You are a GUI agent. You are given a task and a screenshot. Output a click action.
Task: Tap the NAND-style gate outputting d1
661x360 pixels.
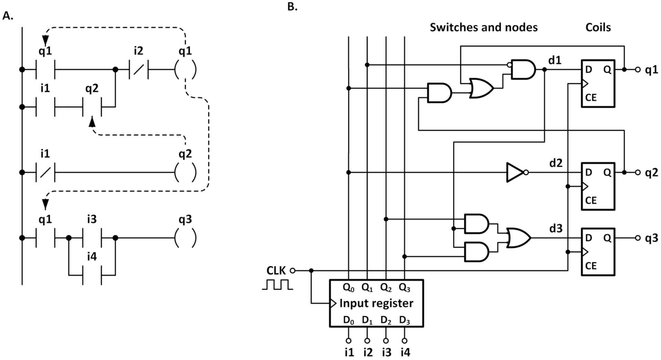point(523,70)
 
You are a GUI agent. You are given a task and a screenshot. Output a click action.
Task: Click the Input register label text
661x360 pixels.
point(376,303)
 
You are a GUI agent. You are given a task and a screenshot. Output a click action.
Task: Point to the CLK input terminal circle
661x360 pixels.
point(292,271)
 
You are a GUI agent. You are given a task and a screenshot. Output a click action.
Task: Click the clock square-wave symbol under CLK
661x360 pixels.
point(277,285)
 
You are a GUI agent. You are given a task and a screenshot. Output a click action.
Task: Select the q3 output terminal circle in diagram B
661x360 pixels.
point(638,238)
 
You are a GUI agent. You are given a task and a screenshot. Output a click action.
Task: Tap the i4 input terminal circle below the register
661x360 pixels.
point(404,341)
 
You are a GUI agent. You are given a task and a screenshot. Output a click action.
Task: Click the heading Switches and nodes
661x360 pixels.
point(484,27)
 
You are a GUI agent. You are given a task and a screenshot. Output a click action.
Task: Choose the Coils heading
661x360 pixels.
point(598,27)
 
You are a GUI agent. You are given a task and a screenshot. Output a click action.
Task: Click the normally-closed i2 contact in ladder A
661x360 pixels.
point(138,70)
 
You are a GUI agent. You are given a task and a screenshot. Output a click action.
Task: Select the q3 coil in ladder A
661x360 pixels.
point(185,238)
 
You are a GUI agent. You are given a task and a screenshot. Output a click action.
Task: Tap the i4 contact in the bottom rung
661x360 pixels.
point(92,275)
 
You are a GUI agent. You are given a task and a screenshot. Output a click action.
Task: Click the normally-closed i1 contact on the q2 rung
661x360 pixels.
point(45,172)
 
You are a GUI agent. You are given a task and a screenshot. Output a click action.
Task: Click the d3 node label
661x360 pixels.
point(556,228)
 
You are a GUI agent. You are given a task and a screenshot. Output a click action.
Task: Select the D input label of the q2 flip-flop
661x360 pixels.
point(588,172)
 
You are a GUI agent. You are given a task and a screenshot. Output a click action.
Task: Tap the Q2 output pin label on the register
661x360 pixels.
point(386,287)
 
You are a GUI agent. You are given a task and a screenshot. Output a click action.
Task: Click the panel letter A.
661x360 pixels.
point(8,16)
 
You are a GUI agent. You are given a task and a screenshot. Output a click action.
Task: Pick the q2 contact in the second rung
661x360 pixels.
point(92,107)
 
